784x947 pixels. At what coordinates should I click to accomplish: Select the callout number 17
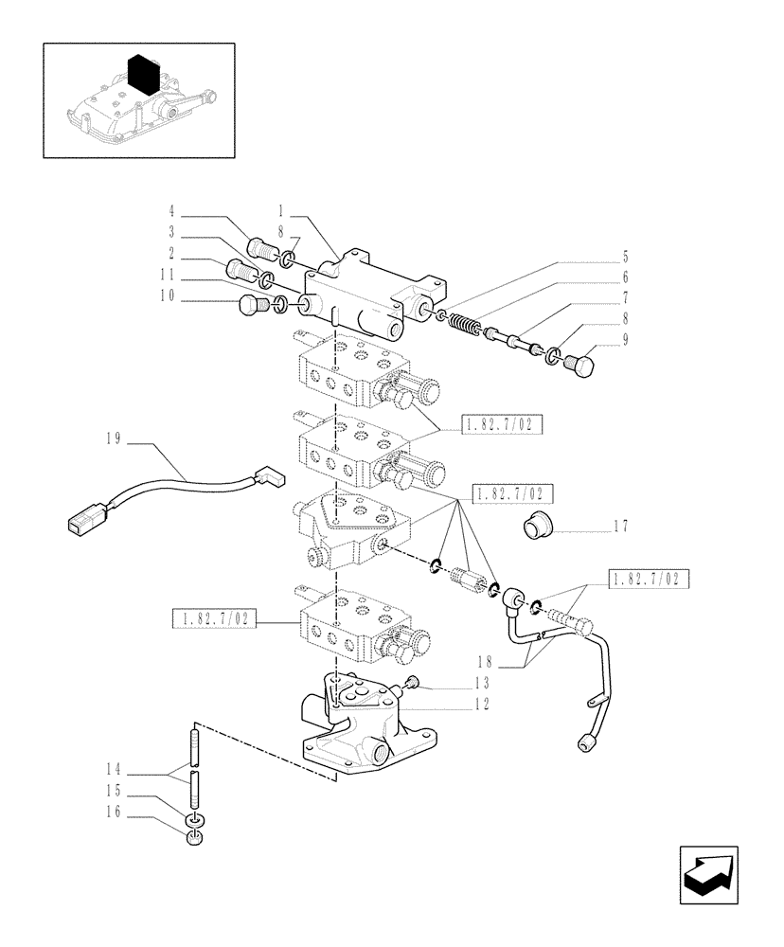coord(620,526)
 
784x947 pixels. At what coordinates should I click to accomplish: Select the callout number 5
coord(626,256)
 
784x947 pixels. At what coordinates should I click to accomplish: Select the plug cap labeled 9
coord(580,361)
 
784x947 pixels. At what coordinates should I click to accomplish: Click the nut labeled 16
coord(195,839)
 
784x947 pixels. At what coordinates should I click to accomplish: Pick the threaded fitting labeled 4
coord(258,250)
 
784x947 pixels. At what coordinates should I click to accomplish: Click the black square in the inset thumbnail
coord(142,73)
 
